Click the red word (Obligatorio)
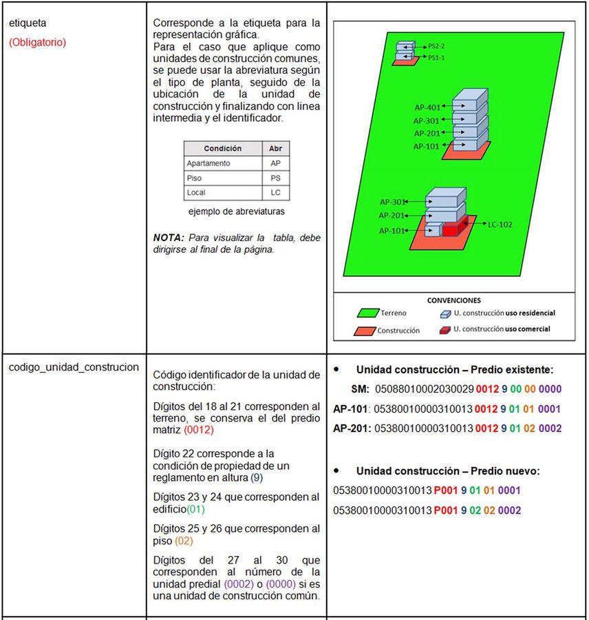[37, 42]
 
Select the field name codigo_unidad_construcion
[74, 366]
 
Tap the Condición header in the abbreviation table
[222, 148]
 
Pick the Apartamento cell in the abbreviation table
[208, 163]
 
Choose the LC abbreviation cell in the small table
[275, 192]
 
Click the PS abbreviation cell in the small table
[275, 178]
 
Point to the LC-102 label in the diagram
[500, 225]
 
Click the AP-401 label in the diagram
[427, 107]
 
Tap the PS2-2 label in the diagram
[437, 47]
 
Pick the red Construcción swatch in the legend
[365, 331]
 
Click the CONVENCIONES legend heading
[453, 300]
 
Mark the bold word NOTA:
[169, 238]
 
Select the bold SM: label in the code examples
[360, 389]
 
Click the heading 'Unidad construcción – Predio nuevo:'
[448, 471]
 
